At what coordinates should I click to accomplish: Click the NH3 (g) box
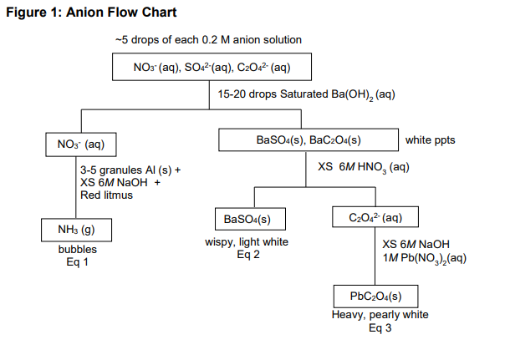click(x=75, y=229)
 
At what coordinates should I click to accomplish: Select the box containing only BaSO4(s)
click(x=248, y=219)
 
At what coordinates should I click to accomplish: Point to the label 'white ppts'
click(x=431, y=139)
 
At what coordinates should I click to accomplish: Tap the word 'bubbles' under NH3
click(x=77, y=250)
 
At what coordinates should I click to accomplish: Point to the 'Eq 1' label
click(x=76, y=262)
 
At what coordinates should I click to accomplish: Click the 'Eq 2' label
click(x=248, y=255)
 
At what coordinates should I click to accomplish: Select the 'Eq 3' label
click(x=380, y=327)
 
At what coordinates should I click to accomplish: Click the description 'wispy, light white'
click(x=248, y=242)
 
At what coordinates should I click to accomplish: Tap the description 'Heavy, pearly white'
click(x=380, y=315)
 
